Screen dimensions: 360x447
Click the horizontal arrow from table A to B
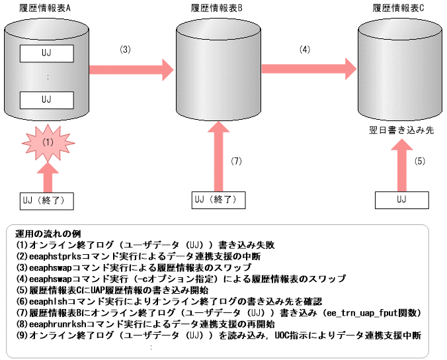130,68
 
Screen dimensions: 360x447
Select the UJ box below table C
401,199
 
